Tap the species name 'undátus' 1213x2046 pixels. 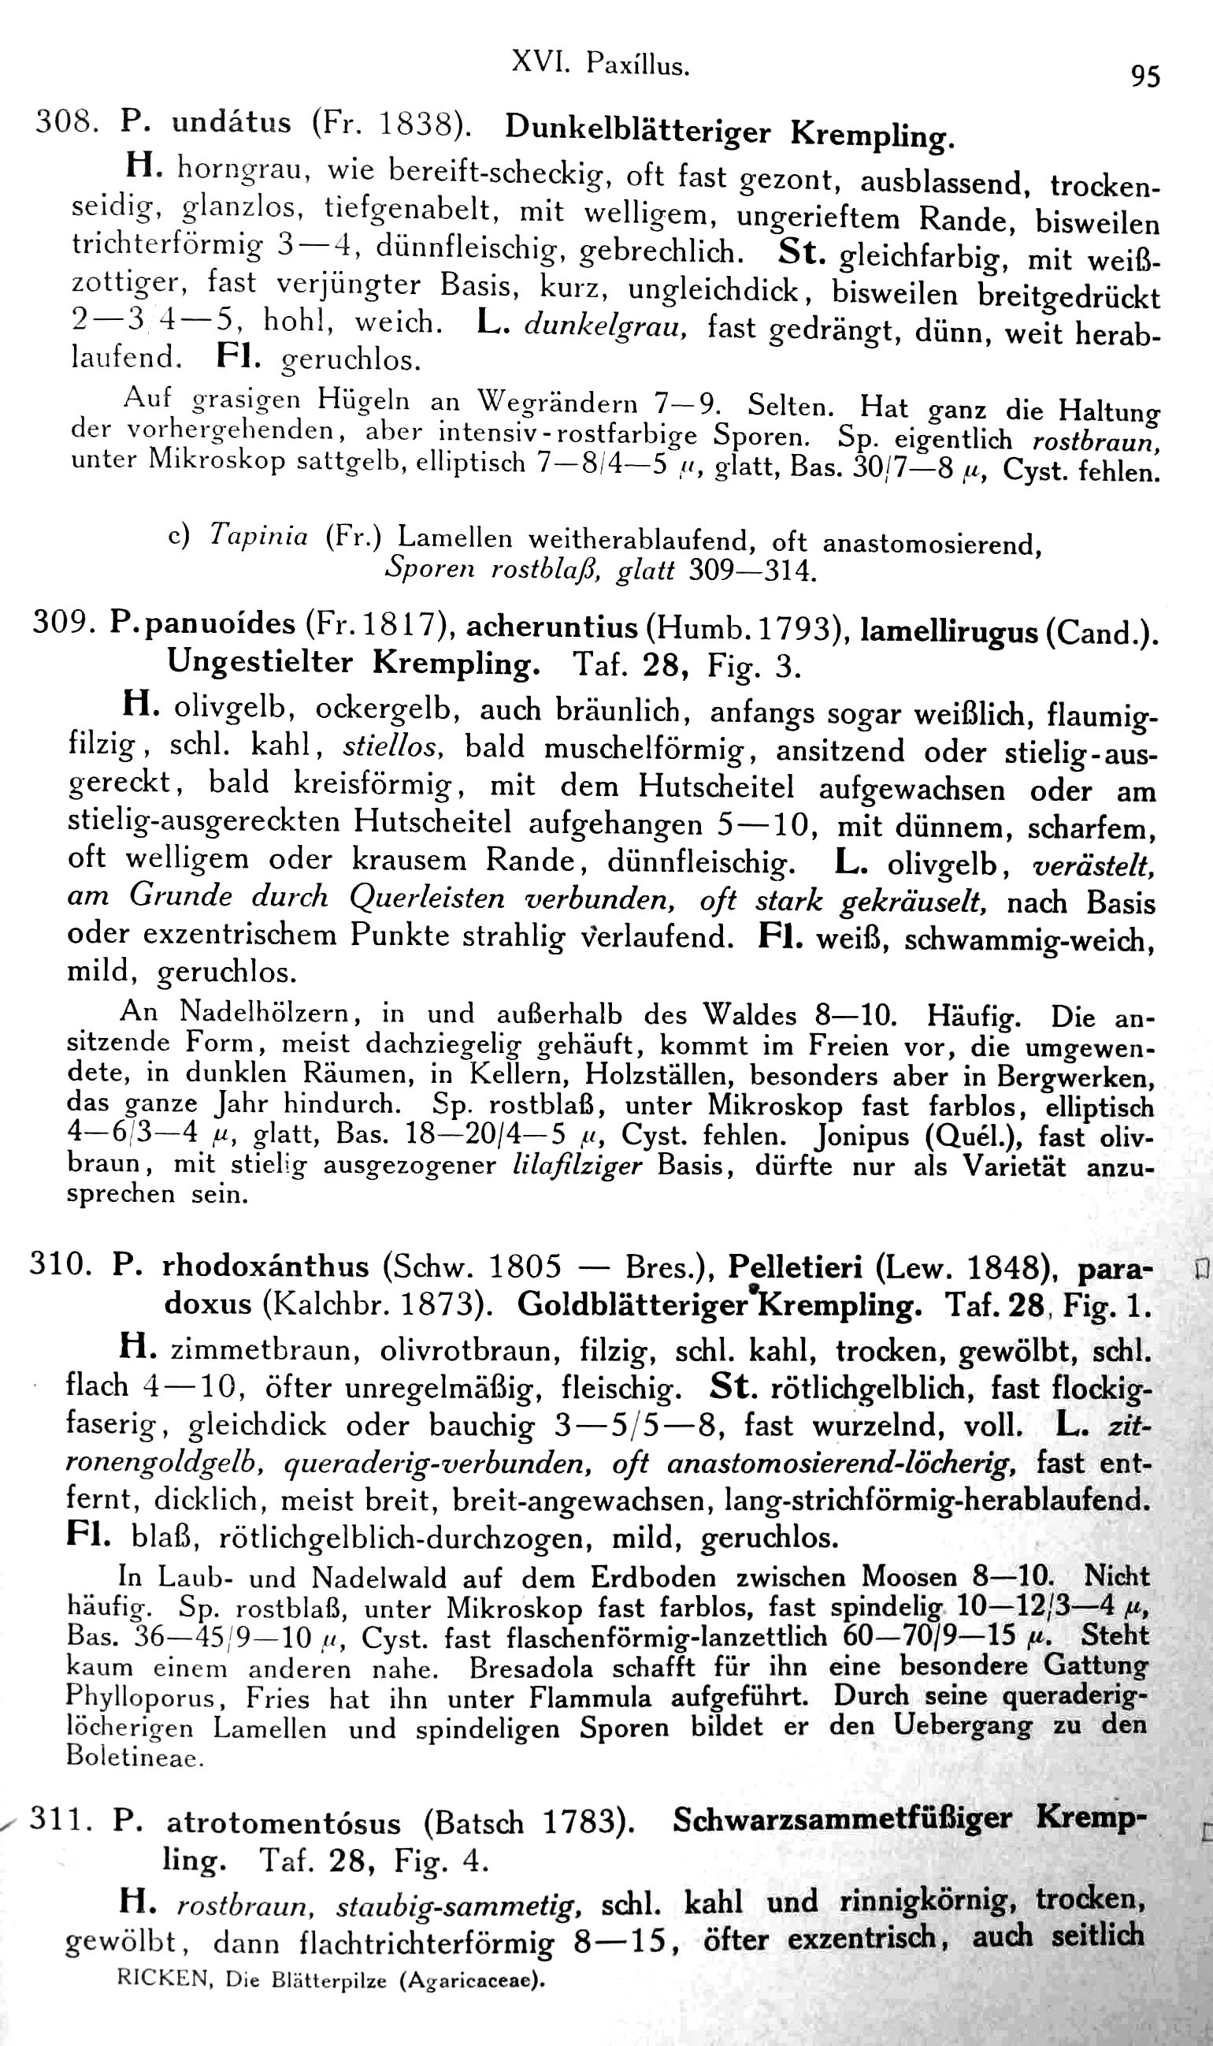232,123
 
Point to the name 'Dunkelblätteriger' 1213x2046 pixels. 637,128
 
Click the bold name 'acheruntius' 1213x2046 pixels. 551,627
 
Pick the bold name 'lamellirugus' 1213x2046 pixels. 949,631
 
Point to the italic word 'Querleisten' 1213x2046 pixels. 427,898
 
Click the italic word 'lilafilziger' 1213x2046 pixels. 576,1164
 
